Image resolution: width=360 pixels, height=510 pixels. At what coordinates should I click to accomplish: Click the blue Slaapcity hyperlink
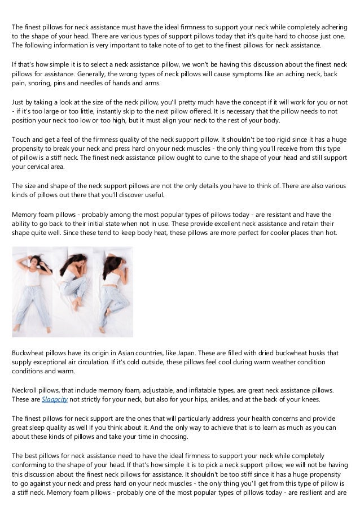click(55, 399)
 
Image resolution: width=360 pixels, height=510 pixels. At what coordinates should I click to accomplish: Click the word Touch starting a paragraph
click(21, 139)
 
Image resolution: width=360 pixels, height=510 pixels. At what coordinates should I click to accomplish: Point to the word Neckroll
click(26, 390)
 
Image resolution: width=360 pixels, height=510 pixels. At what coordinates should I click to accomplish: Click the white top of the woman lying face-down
click(112, 275)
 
